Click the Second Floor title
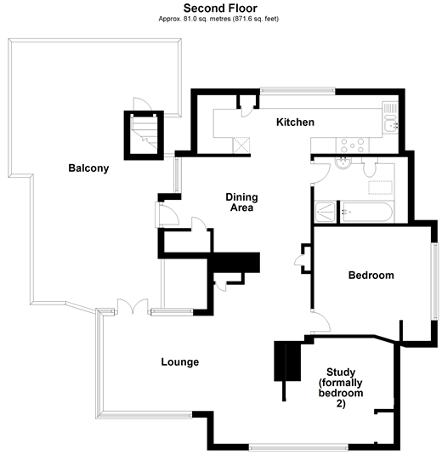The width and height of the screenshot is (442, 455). click(220, 9)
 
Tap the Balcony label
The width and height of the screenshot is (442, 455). click(88, 168)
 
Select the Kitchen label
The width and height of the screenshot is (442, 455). click(295, 122)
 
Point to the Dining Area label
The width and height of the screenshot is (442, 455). click(241, 202)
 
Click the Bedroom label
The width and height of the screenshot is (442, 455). click(371, 275)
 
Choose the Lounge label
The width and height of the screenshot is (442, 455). click(180, 361)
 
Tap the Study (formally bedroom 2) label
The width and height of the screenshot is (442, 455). click(341, 388)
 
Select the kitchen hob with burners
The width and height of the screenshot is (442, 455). click(353, 145)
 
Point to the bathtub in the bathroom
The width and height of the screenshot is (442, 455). click(366, 212)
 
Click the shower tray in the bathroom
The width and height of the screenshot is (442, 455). click(325, 212)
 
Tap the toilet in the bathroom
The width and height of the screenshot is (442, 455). click(370, 168)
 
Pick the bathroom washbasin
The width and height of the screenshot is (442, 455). click(343, 162)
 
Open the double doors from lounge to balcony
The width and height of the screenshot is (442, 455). click(133, 306)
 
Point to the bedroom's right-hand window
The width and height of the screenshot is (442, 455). click(435, 282)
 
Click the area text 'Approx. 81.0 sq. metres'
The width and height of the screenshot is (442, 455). click(195, 20)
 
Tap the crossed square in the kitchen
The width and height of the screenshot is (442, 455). click(241, 145)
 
